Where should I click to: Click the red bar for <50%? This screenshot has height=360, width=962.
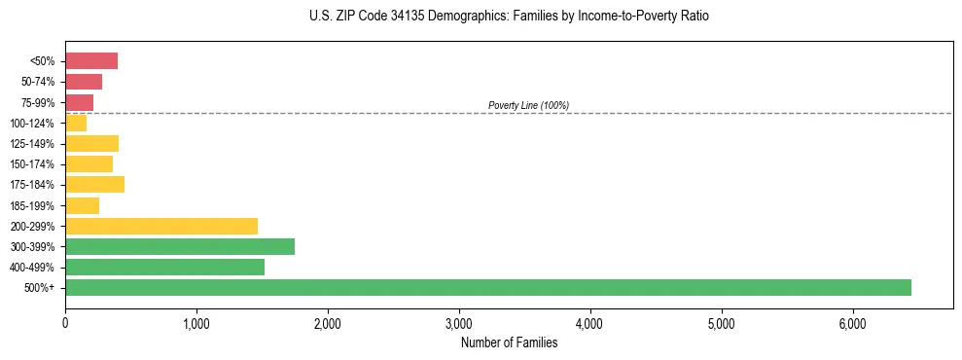pos(91,61)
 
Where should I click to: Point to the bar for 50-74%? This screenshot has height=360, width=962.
pos(84,82)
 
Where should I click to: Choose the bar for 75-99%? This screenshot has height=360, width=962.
pos(79,102)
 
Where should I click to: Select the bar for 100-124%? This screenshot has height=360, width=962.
pos(76,123)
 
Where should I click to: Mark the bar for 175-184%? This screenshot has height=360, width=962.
pos(94,184)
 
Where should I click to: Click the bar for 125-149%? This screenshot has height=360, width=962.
pos(91,143)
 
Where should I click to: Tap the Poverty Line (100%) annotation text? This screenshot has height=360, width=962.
pos(528,105)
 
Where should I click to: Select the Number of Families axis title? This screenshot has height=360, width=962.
pos(509,342)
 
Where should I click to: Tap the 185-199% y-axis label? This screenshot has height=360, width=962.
pos(33,205)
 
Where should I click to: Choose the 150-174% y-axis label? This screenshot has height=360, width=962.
pos(33,164)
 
